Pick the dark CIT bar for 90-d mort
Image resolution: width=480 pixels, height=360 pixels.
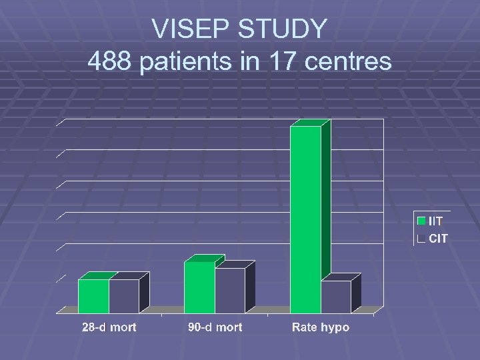coord(230,290)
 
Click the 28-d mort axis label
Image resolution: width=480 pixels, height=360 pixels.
coord(109,327)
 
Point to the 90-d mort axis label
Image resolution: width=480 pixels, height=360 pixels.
coord(215,327)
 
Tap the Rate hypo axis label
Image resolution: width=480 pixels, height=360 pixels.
coord(321,327)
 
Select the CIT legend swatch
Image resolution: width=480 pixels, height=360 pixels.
coord(421,238)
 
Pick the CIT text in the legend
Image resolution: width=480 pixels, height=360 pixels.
coord(438,238)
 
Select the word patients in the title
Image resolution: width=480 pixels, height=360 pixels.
coord(183,62)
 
